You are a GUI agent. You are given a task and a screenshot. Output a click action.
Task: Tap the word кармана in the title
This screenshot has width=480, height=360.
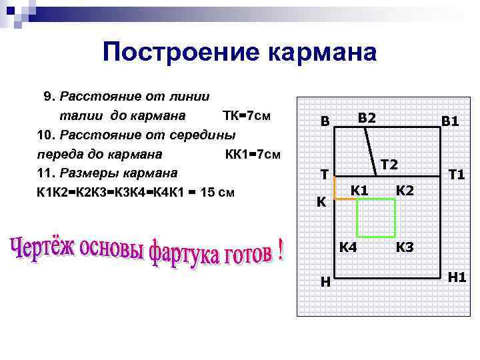pyautogui.click(x=320, y=52)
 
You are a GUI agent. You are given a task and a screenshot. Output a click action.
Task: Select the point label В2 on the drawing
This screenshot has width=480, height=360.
pyautogui.click(x=367, y=118)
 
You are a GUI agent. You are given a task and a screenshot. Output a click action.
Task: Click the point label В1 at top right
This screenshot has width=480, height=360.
pyautogui.click(x=450, y=122)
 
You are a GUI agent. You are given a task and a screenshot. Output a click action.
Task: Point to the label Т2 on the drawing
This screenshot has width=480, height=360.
pyautogui.click(x=389, y=164)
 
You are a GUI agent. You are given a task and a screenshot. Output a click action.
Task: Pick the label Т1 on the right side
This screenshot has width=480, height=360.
pyautogui.click(x=457, y=175)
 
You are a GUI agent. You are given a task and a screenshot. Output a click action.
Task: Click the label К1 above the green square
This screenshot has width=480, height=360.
pyautogui.click(x=360, y=190)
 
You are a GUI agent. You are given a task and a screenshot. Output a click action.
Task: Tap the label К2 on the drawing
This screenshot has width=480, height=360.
pyautogui.click(x=405, y=190)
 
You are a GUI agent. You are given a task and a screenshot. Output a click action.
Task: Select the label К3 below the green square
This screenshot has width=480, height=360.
pyautogui.click(x=405, y=247)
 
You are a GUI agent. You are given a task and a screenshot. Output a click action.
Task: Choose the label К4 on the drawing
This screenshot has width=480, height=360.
pyautogui.click(x=348, y=247)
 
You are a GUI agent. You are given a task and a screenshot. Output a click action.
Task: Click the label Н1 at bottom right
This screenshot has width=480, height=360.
pyautogui.click(x=457, y=277)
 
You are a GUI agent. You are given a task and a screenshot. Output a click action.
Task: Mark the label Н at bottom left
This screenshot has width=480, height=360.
pyautogui.click(x=325, y=282)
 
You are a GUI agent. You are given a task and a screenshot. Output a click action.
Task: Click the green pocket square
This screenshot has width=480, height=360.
pyautogui.click(x=376, y=217)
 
